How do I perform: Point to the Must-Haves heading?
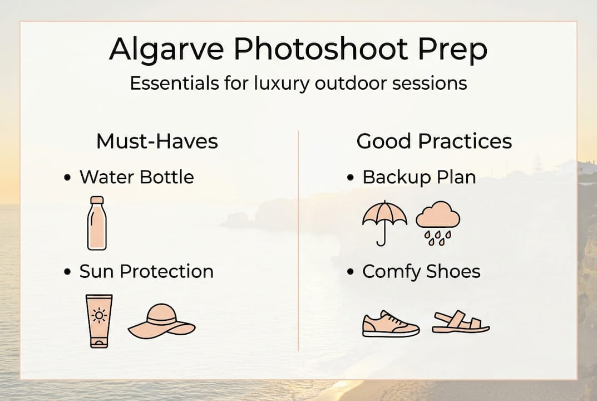tap(157, 141)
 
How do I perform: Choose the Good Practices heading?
tap(434, 141)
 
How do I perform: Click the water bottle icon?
tap(96, 223)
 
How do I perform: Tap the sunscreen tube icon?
tap(99, 321)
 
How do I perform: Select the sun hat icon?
tap(161, 322)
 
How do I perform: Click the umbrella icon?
tap(384, 222)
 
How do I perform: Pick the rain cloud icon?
tap(438, 222)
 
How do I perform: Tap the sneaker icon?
tap(391, 324)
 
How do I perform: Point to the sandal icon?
tap(461, 322)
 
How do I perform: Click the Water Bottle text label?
tap(136, 178)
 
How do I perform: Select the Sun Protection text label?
tap(146, 272)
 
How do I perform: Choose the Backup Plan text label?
tap(419, 178)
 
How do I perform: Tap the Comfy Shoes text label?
tap(421, 272)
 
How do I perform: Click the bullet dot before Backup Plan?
tap(350, 178)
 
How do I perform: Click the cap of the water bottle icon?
tap(97, 200)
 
